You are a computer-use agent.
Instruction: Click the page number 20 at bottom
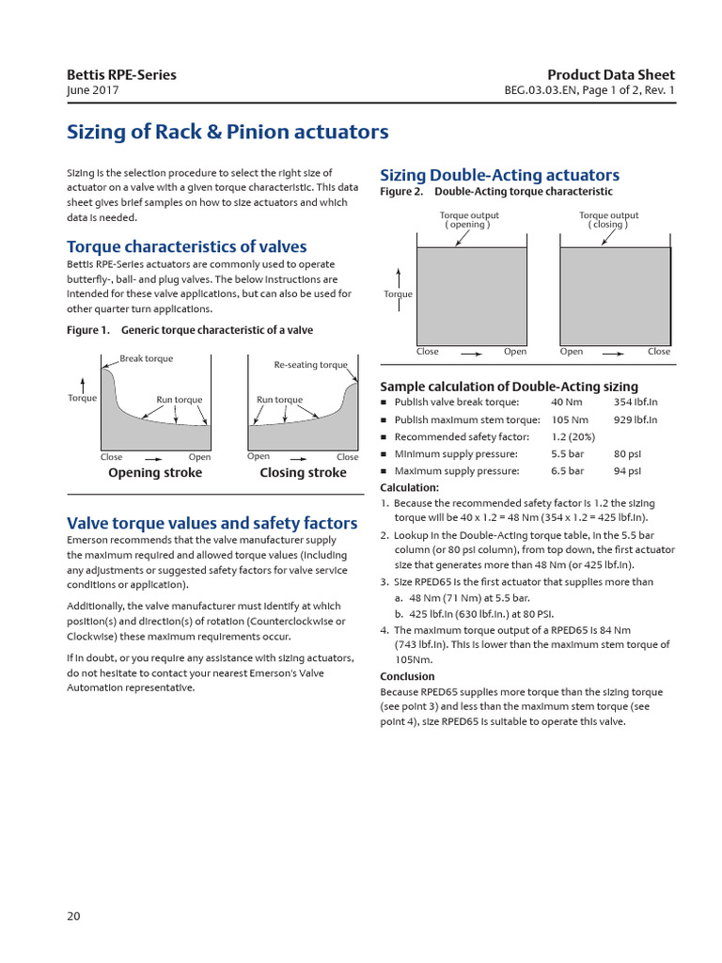point(74,916)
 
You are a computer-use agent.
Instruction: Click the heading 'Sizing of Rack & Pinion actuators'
point(227,132)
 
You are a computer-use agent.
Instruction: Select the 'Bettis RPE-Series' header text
point(121,75)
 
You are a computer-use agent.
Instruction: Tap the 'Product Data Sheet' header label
point(611,75)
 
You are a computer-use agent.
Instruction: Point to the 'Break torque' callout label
point(146,358)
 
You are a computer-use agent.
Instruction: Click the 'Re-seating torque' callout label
point(310,365)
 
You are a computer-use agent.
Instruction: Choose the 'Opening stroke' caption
point(155,473)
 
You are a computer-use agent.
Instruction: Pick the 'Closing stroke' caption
point(303,473)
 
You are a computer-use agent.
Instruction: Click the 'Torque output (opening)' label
point(469,220)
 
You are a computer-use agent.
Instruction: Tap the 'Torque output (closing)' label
point(608,220)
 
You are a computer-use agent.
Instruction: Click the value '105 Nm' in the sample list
point(569,420)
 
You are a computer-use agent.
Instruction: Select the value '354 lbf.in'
point(636,403)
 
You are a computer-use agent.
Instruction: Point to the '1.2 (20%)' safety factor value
point(573,437)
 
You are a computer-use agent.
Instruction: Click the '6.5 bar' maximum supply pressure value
point(567,471)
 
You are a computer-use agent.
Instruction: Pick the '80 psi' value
point(627,454)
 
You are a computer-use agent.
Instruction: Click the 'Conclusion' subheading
point(407,676)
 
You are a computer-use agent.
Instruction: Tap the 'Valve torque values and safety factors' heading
point(212,523)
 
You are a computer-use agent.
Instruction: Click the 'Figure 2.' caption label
point(401,192)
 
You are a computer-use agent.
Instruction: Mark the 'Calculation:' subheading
point(409,487)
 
